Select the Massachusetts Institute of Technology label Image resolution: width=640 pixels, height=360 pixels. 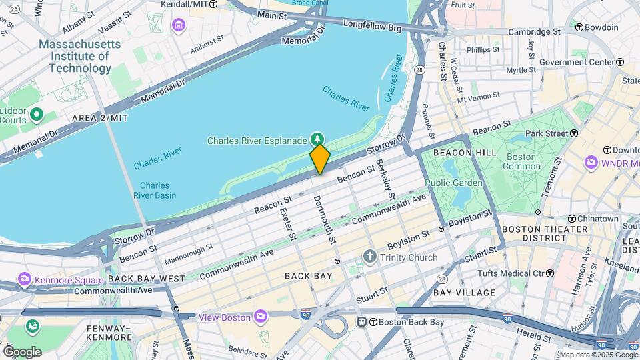[80, 56]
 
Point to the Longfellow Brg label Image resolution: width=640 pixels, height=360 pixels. [372, 26]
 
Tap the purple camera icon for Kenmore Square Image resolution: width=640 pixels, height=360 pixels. [25, 279]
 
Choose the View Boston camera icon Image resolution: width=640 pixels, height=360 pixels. [261, 316]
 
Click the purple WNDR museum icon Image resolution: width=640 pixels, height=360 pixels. [591, 163]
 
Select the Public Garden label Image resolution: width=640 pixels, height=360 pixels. [453, 183]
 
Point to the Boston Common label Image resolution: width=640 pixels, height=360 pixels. [521, 162]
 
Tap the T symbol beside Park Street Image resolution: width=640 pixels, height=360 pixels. [573, 133]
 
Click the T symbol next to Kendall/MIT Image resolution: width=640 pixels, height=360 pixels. [213, 3]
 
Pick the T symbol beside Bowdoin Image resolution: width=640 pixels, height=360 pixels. [579, 27]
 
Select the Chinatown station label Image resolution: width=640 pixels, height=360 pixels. [597, 219]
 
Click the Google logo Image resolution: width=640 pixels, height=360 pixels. [22, 351]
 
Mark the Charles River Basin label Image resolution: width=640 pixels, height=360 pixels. [158, 190]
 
